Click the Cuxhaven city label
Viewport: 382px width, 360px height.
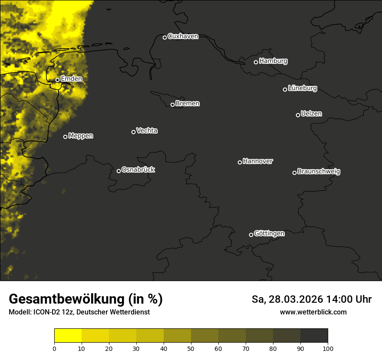click(183, 36)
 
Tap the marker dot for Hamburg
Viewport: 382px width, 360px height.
click(256, 62)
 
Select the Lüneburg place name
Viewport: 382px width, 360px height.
click(302, 88)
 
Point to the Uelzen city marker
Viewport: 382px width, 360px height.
click(298, 115)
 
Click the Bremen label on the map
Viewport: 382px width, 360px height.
click(188, 104)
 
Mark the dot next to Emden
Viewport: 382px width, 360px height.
click(57, 80)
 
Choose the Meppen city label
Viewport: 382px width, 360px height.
click(81, 136)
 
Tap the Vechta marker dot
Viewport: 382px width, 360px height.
click(133, 132)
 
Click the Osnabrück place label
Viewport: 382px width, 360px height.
click(138, 170)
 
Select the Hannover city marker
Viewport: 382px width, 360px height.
click(240, 162)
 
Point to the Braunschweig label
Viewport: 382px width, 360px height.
click(319, 171)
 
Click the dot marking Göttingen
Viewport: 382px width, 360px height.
click(251, 235)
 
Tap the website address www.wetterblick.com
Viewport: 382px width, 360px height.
click(313, 312)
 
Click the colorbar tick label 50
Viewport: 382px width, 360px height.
click(191, 348)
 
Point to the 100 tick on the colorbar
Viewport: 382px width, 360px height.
click(328, 348)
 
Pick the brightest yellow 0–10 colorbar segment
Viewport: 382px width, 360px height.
click(68, 336)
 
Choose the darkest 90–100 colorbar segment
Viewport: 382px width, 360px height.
click(314, 336)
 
